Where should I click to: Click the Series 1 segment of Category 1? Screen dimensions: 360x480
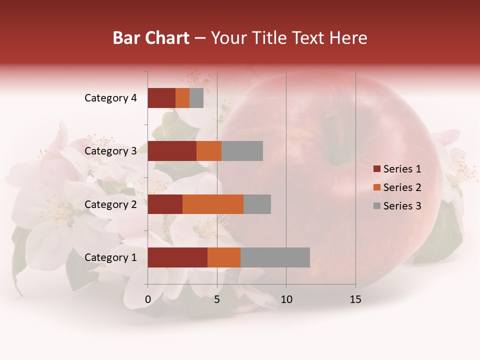tap(177, 257)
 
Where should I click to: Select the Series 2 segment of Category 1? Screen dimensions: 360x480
tap(224, 257)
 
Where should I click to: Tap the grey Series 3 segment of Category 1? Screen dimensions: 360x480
tap(275, 257)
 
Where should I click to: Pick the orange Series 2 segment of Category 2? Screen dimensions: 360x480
tap(213, 204)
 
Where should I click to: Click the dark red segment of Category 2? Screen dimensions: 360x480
tap(165, 204)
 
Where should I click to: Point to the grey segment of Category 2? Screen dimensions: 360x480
tap(257, 204)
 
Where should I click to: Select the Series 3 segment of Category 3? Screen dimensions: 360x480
tap(242, 151)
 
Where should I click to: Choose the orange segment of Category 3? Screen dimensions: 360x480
tap(209, 151)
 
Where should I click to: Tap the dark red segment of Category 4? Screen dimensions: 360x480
tap(161, 98)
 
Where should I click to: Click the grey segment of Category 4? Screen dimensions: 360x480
tap(196, 98)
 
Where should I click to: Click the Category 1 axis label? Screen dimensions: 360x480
tap(110, 257)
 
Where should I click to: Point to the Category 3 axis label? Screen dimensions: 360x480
tap(110, 151)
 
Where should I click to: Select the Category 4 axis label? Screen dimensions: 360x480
tap(110, 98)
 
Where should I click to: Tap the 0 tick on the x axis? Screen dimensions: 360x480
tap(148, 299)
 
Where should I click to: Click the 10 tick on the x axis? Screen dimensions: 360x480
tap(286, 299)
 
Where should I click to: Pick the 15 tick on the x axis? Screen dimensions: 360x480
tap(355, 299)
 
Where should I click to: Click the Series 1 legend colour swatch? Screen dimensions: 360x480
tap(376, 169)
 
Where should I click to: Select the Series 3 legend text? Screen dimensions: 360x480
tap(402, 206)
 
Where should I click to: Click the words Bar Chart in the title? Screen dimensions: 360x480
tap(151, 38)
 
